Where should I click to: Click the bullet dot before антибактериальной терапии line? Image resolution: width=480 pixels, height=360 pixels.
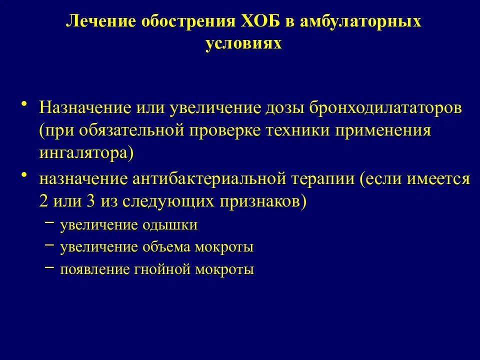coord(24,176)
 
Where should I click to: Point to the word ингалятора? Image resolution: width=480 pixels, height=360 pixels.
coord(85,152)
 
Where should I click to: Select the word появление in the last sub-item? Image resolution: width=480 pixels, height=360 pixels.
coord(95,270)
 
